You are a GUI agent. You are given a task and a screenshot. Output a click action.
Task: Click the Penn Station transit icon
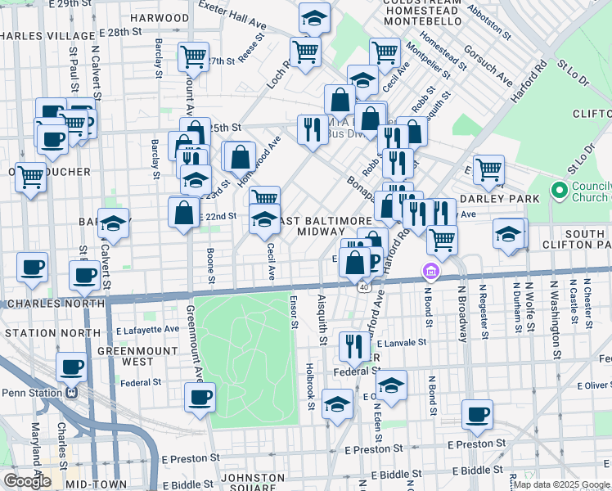point(71,393)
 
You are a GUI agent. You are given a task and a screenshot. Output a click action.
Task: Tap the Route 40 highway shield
point(361,287)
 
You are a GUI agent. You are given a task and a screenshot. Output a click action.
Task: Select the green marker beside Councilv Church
point(560,191)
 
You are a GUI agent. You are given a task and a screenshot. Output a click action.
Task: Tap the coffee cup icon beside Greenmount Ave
point(200,399)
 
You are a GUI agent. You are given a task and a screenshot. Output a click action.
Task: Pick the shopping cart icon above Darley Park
point(488,170)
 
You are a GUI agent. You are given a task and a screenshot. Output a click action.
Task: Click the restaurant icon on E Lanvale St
point(353,347)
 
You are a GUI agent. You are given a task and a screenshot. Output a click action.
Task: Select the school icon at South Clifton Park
point(508,233)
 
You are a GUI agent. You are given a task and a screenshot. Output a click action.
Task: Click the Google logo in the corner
point(27,481)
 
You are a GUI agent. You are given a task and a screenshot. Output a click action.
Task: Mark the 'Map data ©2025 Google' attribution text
point(560,484)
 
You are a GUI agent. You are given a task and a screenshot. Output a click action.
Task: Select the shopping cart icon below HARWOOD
point(194,56)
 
